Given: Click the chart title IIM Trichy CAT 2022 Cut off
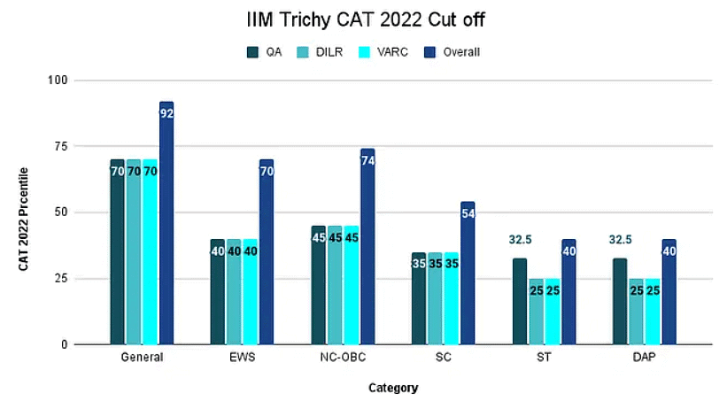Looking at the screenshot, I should click(366, 19).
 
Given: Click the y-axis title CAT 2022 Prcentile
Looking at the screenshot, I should click(26, 212).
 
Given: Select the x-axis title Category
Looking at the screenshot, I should click(392, 388).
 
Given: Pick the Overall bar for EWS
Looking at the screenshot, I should click(267, 252).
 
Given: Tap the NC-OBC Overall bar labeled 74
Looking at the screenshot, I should click(367, 247).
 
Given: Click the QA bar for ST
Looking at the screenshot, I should click(519, 302).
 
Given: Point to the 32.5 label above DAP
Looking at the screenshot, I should click(620, 240).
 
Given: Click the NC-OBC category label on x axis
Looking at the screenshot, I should click(342, 359).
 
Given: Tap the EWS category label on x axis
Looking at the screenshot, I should click(241, 359).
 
